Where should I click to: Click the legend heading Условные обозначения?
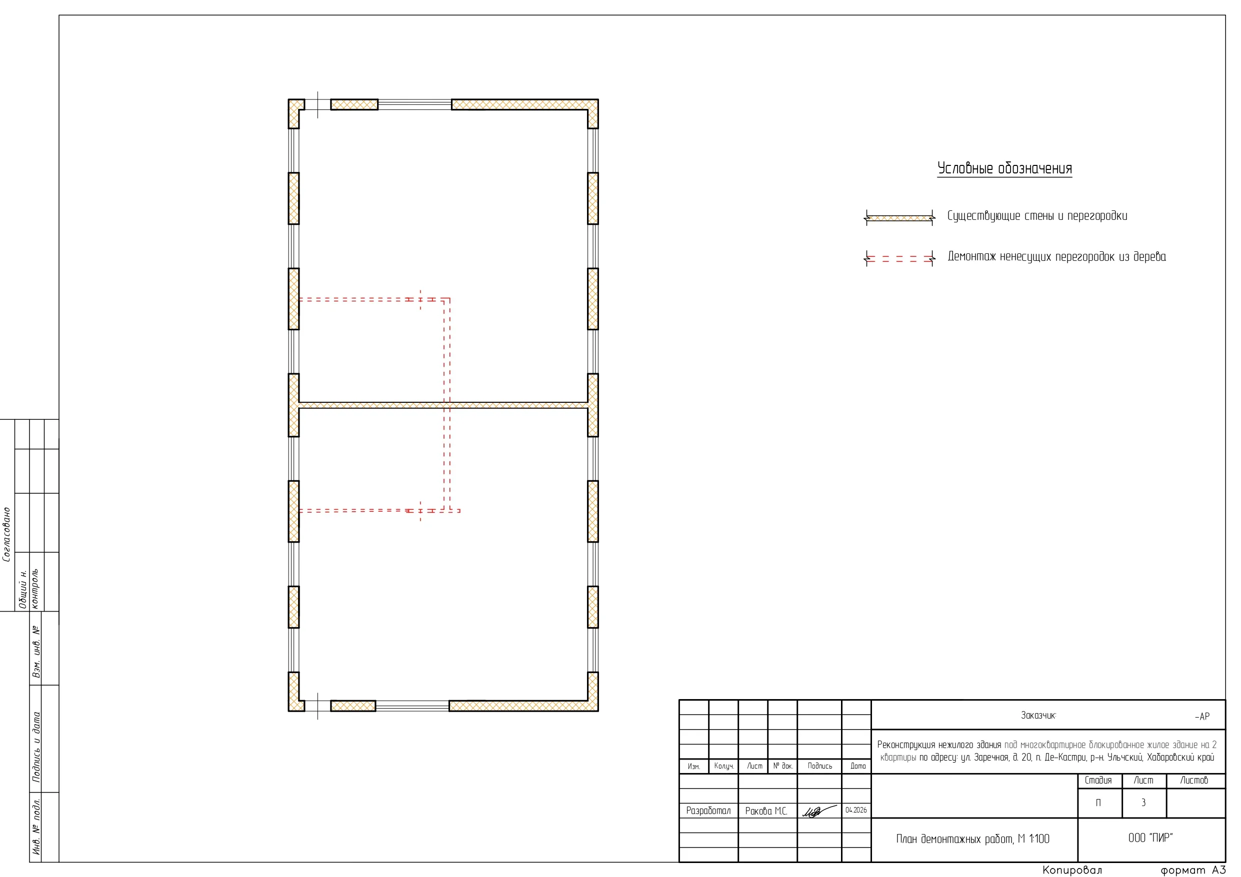pos(1004,168)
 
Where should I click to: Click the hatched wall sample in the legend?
pos(899,218)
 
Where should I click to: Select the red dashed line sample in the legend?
pos(899,259)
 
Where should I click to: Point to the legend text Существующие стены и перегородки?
pos(1037,216)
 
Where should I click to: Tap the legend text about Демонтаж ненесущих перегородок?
pos(1056,257)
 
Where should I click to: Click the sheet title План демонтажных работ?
pos(972,839)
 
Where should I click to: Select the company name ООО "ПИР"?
pos(1150,838)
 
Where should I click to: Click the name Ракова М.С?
pos(766,811)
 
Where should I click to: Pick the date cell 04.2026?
pos(856,810)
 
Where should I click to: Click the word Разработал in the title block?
pos(708,811)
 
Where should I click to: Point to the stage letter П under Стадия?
pos(1098,803)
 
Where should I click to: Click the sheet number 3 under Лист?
pos(1143,803)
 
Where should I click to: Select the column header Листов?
pos(1194,780)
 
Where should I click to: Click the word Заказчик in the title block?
pos(1038,716)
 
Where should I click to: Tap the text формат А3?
pos(1193,870)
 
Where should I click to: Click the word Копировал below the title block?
pos(1072,870)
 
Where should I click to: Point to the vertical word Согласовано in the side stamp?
pos(7,534)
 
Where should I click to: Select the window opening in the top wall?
pos(414,104)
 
